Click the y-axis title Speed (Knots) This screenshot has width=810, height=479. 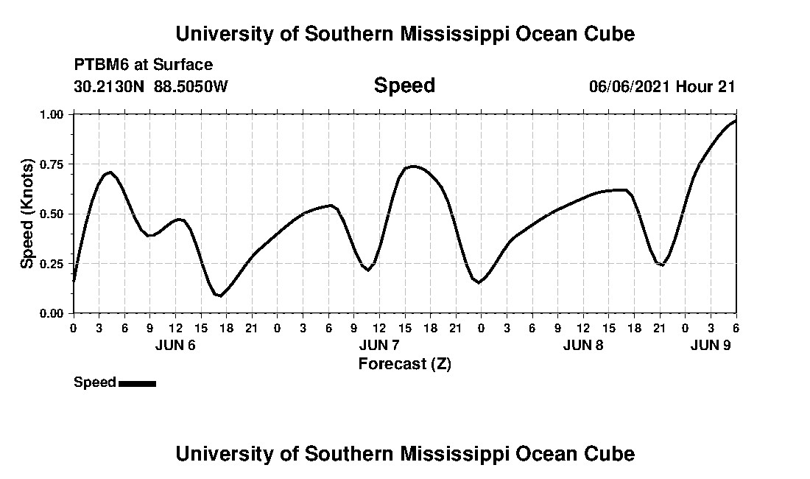tap(27, 214)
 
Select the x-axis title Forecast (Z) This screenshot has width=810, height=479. tap(405, 363)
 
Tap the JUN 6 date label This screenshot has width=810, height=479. tap(175, 345)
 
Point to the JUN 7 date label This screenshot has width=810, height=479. tap(379, 345)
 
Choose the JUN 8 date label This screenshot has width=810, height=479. tap(583, 345)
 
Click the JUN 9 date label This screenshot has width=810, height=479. tap(711, 345)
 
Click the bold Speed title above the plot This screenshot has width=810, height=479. tap(404, 85)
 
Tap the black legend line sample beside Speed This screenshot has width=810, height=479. tap(137, 383)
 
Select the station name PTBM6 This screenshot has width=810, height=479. tap(99, 66)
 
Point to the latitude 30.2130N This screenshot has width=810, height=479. tap(110, 86)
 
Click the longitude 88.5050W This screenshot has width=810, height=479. tap(191, 86)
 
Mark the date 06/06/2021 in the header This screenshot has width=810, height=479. tap(629, 86)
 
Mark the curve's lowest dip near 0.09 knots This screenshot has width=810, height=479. tap(219, 296)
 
